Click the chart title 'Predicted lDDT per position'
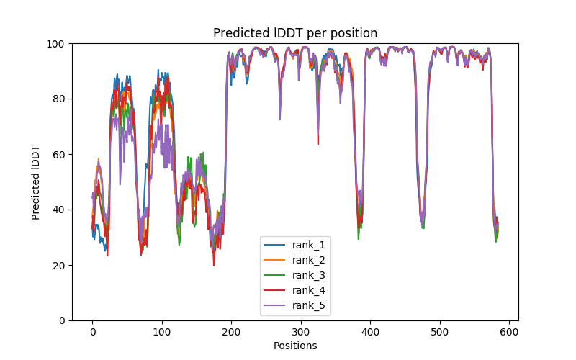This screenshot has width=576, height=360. coord(295,33)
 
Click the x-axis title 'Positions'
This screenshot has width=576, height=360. coord(295,346)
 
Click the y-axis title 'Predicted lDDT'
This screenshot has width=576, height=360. coord(36,182)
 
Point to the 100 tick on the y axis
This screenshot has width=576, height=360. coord(57,44)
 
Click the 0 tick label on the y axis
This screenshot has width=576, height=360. coord(62,320)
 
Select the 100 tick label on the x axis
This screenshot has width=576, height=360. coord(162,331)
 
